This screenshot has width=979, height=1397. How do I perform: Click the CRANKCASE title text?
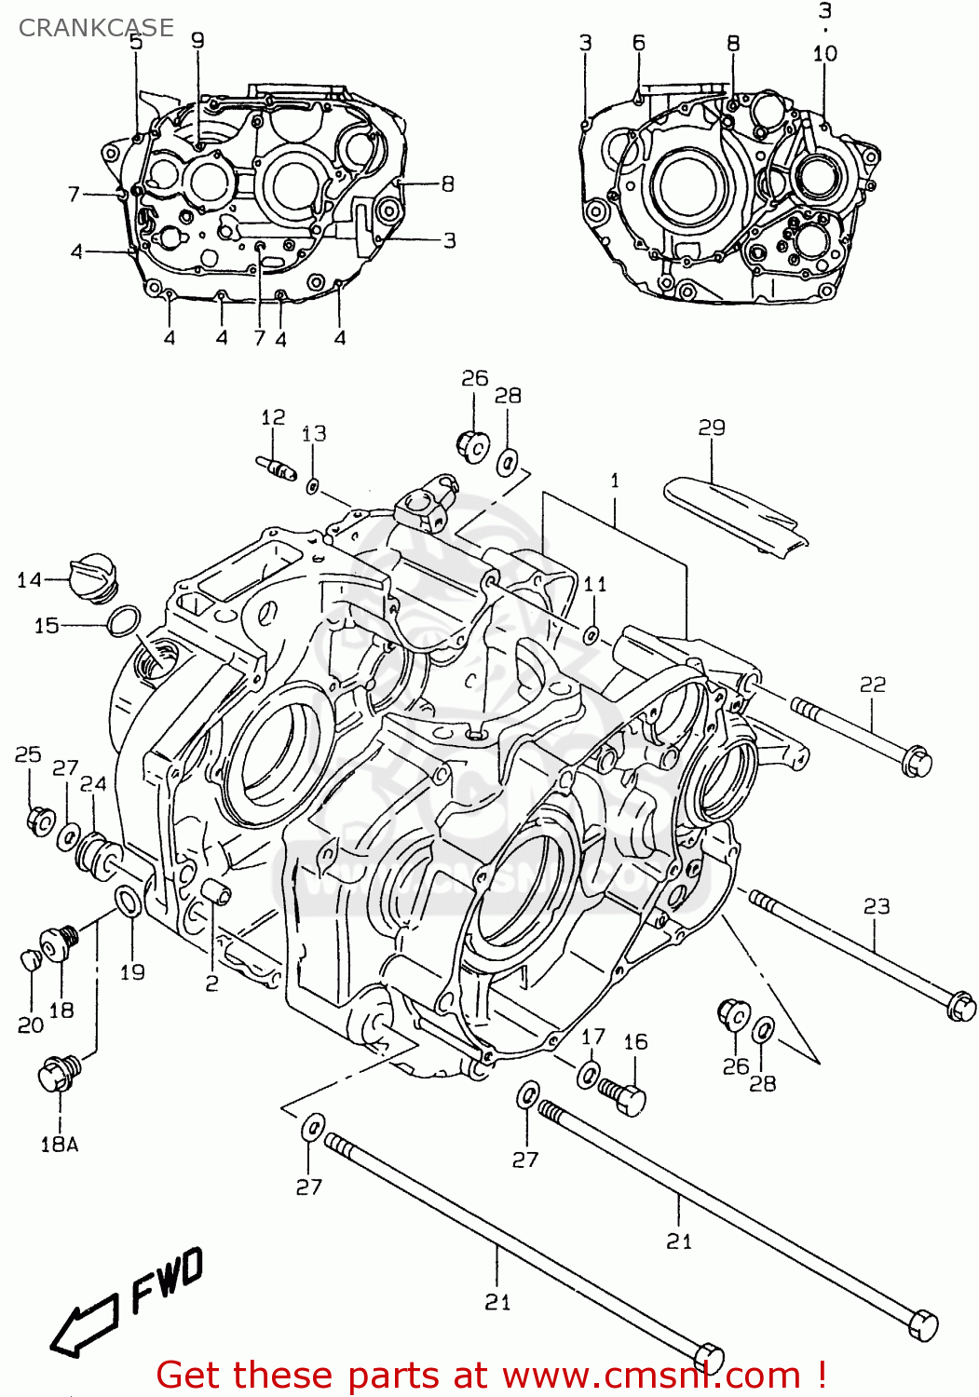point(96,28)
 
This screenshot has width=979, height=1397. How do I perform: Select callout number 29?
point(712,427)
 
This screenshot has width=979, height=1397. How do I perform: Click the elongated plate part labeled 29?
point(736,514)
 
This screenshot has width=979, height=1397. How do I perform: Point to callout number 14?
point(29,580)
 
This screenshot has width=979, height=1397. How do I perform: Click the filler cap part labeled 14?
point(94,576)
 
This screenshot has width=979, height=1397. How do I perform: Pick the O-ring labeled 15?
point(125,621)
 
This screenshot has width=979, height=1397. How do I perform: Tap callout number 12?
point(273,417)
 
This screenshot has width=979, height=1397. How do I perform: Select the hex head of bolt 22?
point(917,762)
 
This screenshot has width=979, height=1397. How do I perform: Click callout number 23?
point(877,906)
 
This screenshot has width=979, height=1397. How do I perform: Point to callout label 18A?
point(59,1145)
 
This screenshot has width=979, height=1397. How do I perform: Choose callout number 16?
point(635,1042)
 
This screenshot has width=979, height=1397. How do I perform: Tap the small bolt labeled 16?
point(623,1095)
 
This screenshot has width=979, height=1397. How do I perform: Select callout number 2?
point(211,983)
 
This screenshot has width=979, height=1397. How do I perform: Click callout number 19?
point(132,972)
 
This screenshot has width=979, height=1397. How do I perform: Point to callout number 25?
point(28,754)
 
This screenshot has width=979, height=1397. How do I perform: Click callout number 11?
point(595,584)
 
